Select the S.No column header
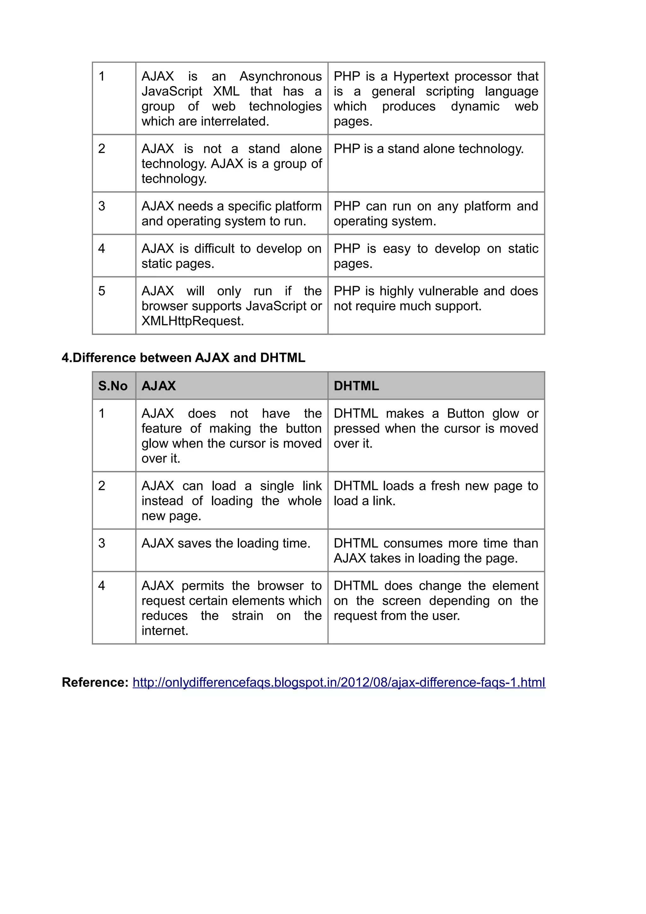(x=113, y=386)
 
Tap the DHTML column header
(x=356, y=386)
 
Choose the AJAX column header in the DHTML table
(x=158, y=386)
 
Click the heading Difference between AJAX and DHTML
(x=184, y=357)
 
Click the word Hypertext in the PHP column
(x=421, y=76)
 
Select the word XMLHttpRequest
(x=192, y=321)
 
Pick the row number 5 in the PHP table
(x=102, y=291)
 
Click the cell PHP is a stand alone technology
(x=428, y=149)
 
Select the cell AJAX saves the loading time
(x=226, y=543)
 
